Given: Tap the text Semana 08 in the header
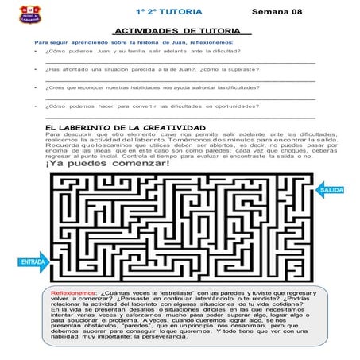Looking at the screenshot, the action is coord(277,12).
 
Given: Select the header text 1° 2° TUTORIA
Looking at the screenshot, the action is coord(169,12).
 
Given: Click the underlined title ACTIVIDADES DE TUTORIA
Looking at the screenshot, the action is coord(177,30).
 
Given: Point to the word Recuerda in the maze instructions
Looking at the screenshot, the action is coord(63,146).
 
